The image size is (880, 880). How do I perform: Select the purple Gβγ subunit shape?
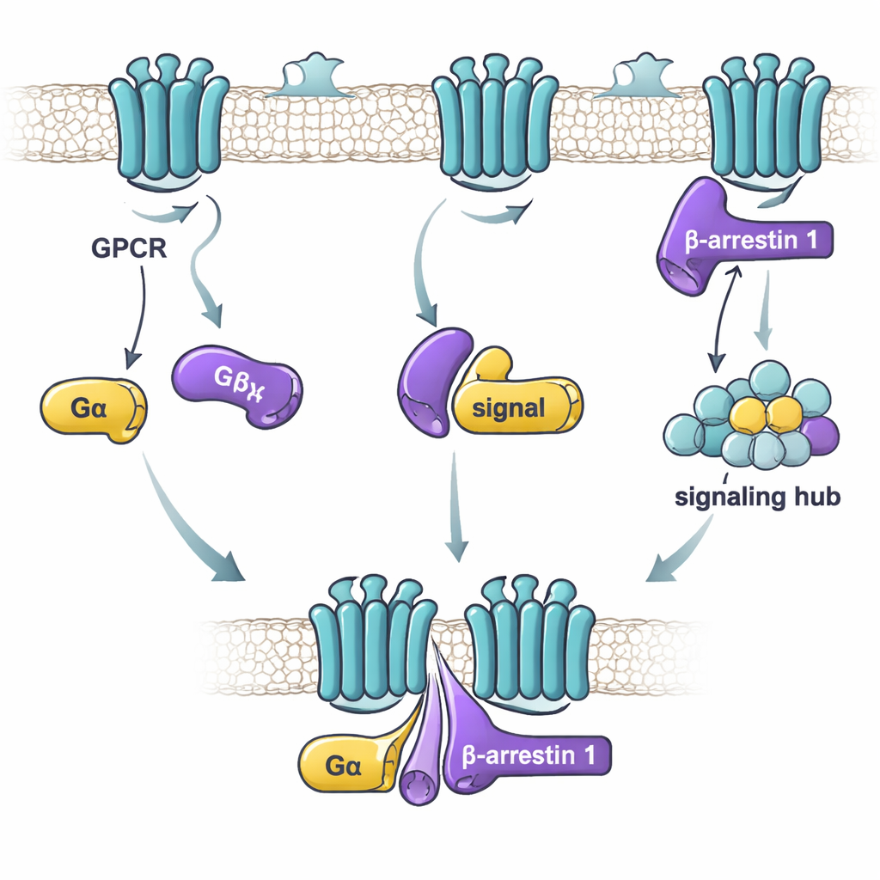coord(237,382)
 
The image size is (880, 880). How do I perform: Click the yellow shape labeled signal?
coord(516,406)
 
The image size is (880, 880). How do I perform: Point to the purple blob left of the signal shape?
coord(433,378)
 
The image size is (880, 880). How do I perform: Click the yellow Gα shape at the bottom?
coord(344,759)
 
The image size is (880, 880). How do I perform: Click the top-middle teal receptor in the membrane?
coord(494,120)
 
